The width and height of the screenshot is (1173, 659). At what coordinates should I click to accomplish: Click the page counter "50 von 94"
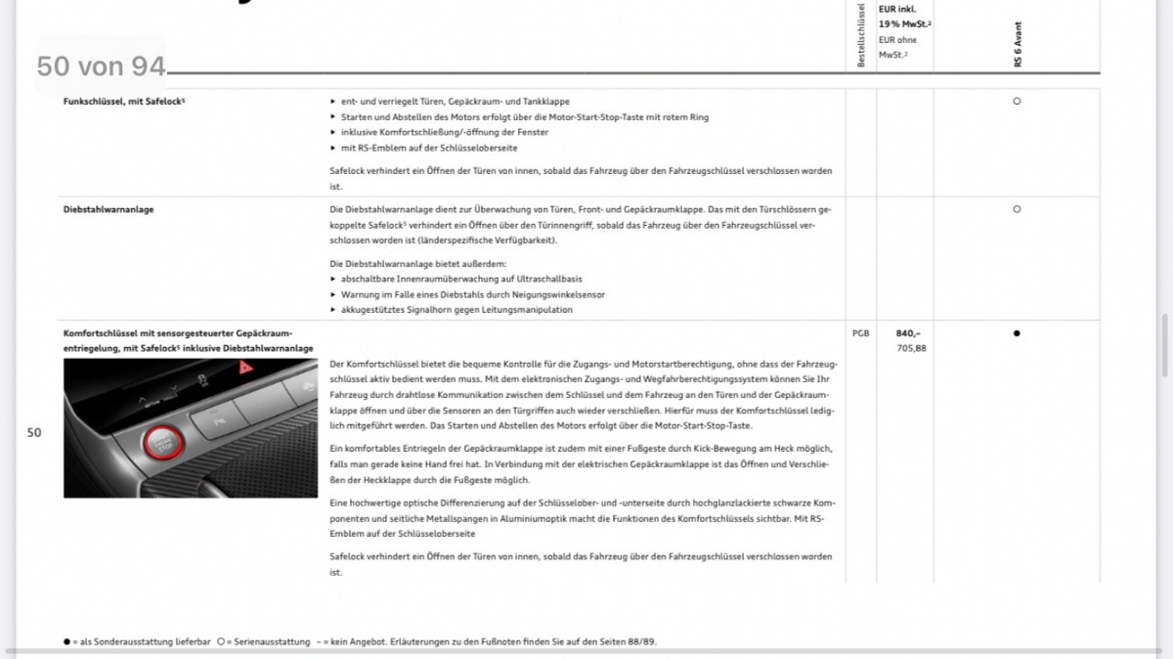(101, 66)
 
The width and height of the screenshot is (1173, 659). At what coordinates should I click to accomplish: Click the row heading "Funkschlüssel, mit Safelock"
(123, 101)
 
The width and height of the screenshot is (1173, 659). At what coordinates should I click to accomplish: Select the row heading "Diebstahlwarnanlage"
(109, 209)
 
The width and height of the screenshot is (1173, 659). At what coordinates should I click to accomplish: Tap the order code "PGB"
(860, 333)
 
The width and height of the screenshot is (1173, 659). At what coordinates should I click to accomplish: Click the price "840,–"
(908, 333)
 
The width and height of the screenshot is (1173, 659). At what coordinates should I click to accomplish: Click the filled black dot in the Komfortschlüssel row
(1017, 333)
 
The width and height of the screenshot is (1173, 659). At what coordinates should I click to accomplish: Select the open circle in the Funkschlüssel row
(1017, 101)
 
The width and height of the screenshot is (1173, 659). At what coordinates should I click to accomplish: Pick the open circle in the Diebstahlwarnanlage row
(1017, 209)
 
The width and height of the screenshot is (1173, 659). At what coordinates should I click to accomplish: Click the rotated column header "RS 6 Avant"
(1018, 44)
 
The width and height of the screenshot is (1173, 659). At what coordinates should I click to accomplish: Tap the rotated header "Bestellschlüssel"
(861, 36)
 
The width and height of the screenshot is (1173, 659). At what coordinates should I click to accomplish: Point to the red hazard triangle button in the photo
(245, 370)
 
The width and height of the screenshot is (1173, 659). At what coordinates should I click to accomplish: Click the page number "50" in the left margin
(34, 432)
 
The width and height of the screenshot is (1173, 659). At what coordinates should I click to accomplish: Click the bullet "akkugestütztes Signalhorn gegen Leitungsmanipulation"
(456, 310)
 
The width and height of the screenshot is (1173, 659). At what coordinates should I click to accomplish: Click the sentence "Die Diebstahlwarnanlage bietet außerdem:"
(417, 263)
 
